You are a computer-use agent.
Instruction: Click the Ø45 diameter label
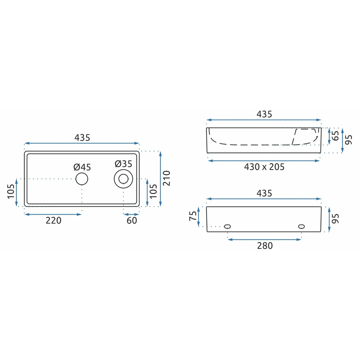[82, 167]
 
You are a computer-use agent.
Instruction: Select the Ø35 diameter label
[123, 164]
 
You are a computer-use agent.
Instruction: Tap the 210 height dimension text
[166, 178]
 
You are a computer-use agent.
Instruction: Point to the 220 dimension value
[54, 220]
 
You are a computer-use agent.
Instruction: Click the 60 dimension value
[132, 220]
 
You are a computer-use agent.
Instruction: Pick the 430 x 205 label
[264, 167]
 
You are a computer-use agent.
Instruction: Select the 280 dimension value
[265, 246]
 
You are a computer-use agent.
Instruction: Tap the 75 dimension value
[193, 216]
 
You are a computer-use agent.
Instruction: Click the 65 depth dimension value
[336, 136]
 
